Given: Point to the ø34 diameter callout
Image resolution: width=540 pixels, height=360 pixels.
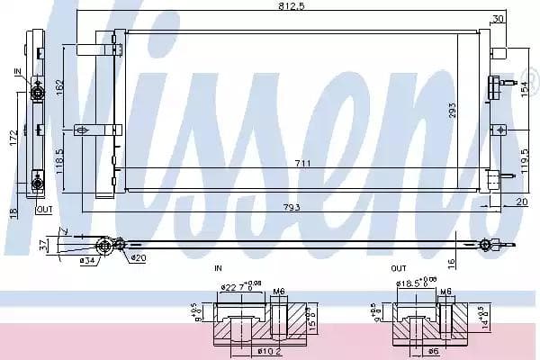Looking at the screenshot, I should coord(86,261).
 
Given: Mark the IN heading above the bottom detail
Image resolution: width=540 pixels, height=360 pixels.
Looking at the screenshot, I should coord(217,267).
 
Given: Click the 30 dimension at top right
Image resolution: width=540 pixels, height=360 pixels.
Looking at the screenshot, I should coord(499,18).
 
